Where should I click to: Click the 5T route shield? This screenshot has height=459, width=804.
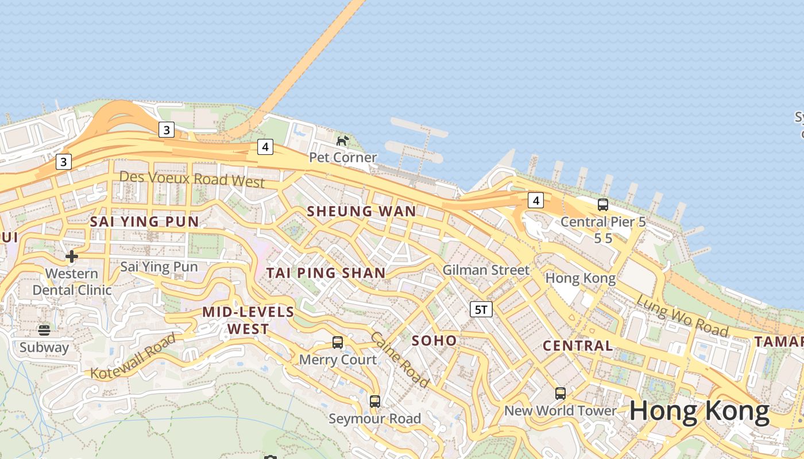(481, 310)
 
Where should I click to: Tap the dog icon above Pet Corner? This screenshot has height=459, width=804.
(343, 140)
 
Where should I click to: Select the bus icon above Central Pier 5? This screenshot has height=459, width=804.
(603, 204)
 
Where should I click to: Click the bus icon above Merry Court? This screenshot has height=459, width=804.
(338, 343)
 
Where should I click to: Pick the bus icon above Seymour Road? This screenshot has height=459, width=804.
(375, 401)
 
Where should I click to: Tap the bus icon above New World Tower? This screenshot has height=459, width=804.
(561, 393)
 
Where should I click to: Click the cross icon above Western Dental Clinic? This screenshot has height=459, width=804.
(72, 256)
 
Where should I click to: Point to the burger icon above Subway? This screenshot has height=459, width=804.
(44, 330)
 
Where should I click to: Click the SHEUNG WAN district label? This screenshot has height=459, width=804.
(361, 211)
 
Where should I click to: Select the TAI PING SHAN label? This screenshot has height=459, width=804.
(326, 273)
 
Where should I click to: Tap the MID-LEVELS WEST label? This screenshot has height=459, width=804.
(248, 321)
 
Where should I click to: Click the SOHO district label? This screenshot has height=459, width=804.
(435, 341)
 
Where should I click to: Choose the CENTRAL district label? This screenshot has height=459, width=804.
(578, 346)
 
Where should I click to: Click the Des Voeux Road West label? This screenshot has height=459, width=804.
(192, 179)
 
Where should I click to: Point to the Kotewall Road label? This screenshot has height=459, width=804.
(133, 357)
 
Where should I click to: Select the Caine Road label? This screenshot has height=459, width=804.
(400, 359)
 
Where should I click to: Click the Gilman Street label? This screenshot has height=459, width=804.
(486, 270)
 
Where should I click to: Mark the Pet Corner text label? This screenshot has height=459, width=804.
(343, 157)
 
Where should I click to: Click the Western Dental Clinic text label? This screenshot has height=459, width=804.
(72, 282)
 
